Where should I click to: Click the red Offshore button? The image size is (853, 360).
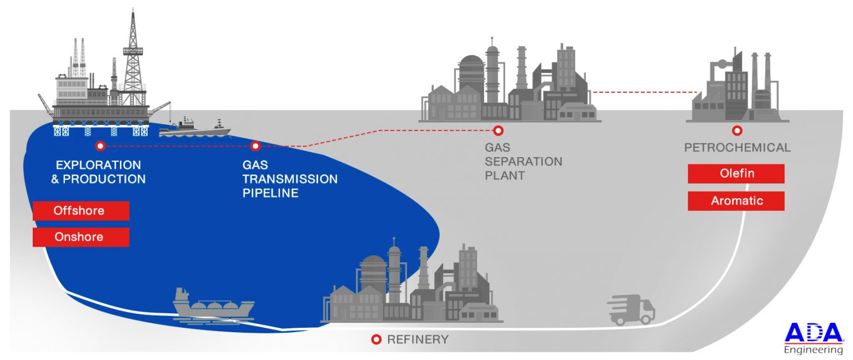coord(81,211)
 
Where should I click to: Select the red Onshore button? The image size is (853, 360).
coord(81,237)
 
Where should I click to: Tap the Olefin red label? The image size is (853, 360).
coord(736,173)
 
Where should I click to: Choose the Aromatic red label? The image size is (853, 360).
coord(736,201)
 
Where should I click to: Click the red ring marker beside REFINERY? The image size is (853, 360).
coord(376,339)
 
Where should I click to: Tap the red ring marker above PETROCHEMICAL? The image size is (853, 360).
coord(737,131)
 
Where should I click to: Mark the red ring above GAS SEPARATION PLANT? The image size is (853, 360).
coord(498,131)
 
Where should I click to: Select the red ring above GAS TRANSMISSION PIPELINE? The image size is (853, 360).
coord(255,146)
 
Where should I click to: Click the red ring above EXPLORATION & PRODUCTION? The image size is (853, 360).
coord(100,146)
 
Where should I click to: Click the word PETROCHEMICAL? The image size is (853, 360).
coord(737,148)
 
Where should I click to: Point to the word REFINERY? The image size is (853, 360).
coord(418,339)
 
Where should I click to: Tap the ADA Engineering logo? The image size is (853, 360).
coord(813,338)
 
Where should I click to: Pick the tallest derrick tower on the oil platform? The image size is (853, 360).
coord(133,56)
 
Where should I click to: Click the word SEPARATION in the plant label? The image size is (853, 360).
coord(523,162)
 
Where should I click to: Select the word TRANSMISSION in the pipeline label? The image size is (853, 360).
coord(289,179)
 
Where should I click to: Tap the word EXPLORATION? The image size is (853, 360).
coord(98,165)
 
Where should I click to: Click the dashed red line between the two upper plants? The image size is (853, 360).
coord(644,92)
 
